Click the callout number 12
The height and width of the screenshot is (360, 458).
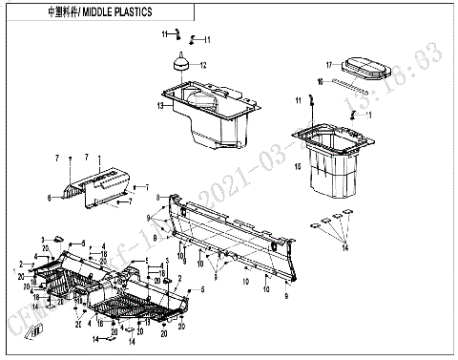tap(202, 65)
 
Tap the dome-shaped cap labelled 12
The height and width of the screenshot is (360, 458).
tap(178, 64)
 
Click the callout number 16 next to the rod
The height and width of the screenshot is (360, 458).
tap(320, 81)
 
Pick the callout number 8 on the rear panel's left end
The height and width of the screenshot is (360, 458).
tap(158, 196)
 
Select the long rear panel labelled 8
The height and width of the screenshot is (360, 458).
tap(229, 234)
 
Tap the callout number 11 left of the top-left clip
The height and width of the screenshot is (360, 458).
tap(163, 34)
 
